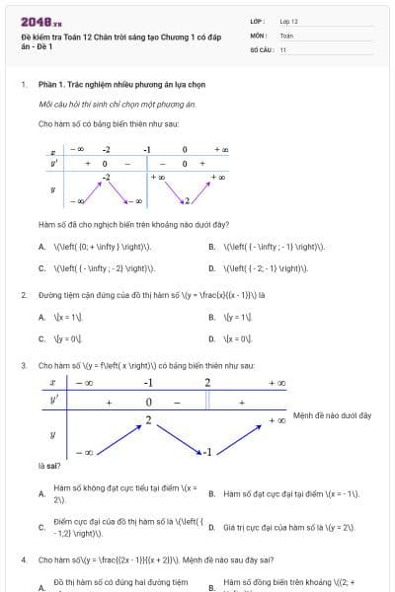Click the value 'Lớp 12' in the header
point(289,20)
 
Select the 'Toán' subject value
point(286,35)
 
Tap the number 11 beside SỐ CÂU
point(283,49)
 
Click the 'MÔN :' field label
point(259,35)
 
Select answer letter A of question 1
point(41,247)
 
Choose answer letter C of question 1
point(41,267)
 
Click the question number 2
point(23,294)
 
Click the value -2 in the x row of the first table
point(106,150)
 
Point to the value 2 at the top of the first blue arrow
point(148,420)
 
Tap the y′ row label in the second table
point(52,402)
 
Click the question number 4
point(23,559)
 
